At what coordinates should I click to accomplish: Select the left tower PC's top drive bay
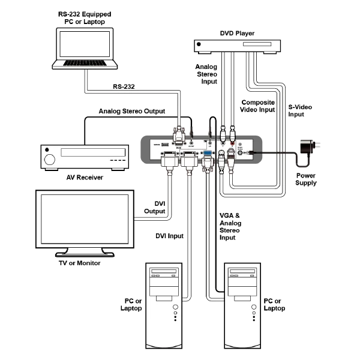tap(163, 271)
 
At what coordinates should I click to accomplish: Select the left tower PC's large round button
tap(175, 307)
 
